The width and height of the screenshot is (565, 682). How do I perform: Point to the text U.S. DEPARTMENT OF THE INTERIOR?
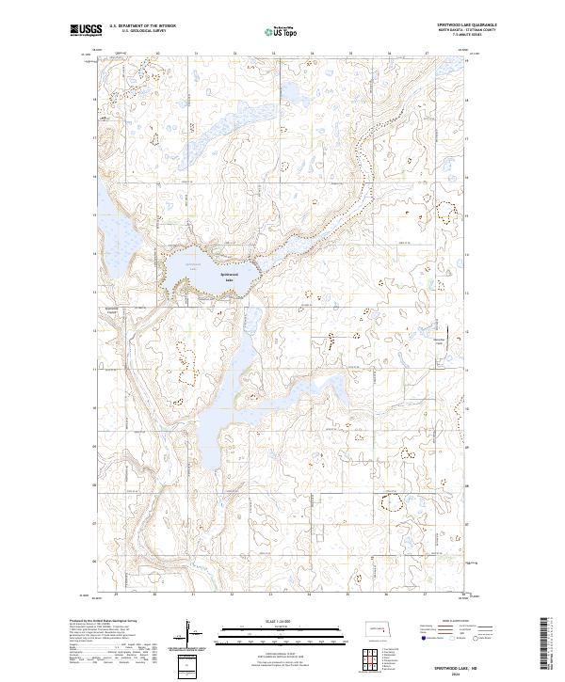click(142, 26)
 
